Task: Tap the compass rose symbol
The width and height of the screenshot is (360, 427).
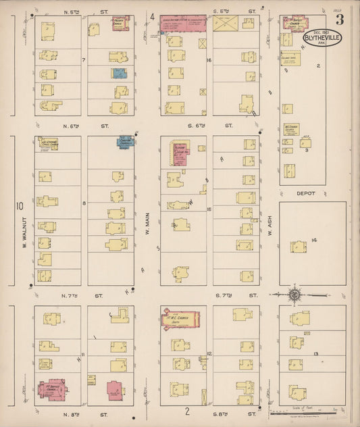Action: coord(294,295)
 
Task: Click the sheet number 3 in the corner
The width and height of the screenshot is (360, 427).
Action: coord(340,19)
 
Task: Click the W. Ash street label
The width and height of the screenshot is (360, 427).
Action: coord(269,229)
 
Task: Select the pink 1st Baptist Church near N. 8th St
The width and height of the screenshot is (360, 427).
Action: coord(49,390)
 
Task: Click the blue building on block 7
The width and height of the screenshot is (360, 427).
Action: coord(119,73)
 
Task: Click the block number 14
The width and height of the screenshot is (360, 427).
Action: coord(313,240)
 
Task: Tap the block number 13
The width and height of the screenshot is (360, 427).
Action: coord(315,353)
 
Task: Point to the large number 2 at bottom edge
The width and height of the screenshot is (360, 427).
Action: coord(187,409)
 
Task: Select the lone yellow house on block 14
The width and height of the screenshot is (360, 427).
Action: coord(298,247)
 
